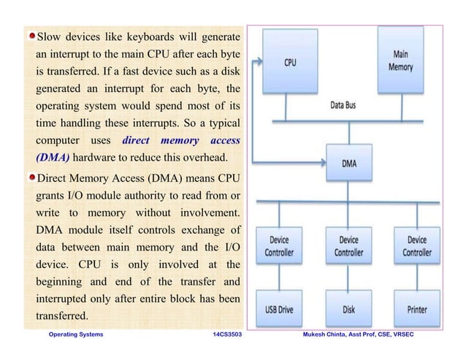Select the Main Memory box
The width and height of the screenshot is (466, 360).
[401, 62]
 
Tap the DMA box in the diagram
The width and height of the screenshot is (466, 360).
[349, 163]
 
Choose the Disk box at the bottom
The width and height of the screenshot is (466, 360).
[349, 309]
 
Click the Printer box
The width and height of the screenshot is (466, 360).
[417, 309]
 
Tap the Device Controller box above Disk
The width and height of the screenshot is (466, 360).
[349, 246]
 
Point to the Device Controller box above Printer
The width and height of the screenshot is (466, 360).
[417, 246]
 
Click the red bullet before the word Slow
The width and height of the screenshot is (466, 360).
[32, 36]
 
